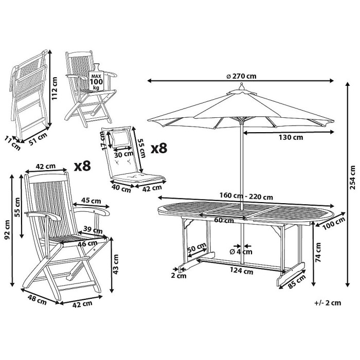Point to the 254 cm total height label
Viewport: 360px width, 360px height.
pyautogui.click(x=352, y=177)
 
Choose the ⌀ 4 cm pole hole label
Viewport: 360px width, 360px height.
pyautogui.click(x=241, y=252)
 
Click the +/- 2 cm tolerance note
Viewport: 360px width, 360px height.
pyautogui.click(x=327, y=302)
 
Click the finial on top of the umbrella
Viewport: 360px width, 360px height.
pyautogui.click(x=239, y=88)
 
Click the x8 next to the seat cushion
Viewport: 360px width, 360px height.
pyautogui.click(x=158, y=149)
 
